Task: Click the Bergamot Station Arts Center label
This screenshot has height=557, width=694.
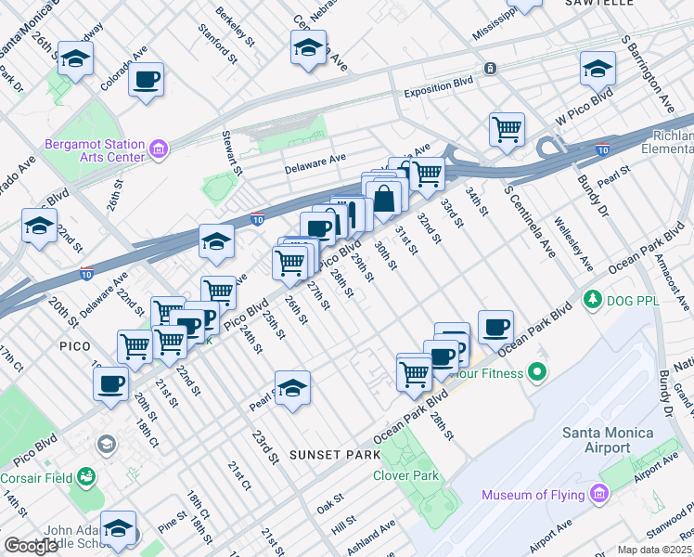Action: (95, 150)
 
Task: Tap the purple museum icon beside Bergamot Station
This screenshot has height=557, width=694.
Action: (158, 149)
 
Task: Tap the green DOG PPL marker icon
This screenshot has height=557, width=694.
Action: (591, 299)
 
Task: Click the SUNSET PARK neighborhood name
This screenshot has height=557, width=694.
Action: (334, 455)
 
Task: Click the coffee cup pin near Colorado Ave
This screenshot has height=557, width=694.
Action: (146, 79)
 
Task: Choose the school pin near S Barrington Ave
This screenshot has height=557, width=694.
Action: (598, 67)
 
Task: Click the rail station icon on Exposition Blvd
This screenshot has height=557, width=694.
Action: (489, 68)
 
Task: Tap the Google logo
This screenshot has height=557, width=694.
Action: (31, 546)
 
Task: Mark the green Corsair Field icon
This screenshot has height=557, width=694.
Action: (86, 476)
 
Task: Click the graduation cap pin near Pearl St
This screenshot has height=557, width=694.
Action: (292, 388)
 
